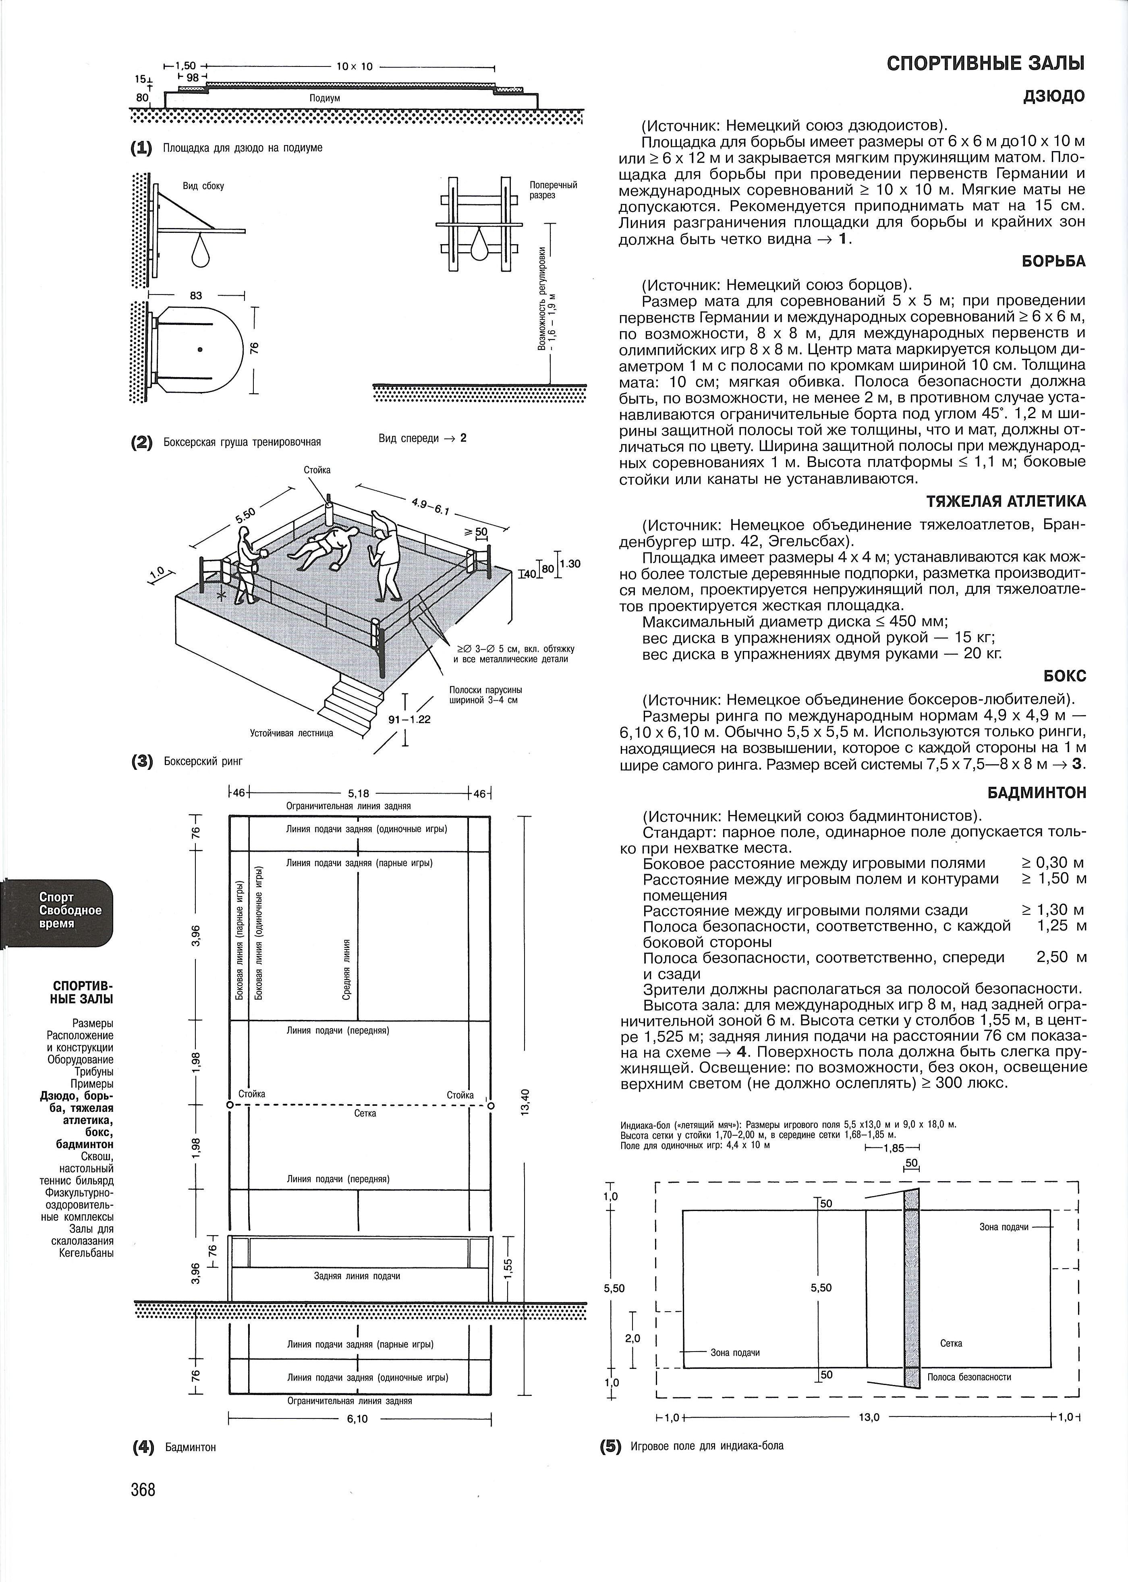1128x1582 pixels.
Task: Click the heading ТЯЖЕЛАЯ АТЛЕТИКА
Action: [1006, 502]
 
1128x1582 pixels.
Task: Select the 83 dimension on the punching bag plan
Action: [196, 296]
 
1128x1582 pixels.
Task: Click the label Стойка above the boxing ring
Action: [317, 470]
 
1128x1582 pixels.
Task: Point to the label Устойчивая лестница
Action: [292, 733]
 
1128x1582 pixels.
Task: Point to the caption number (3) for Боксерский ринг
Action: [142, 761]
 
